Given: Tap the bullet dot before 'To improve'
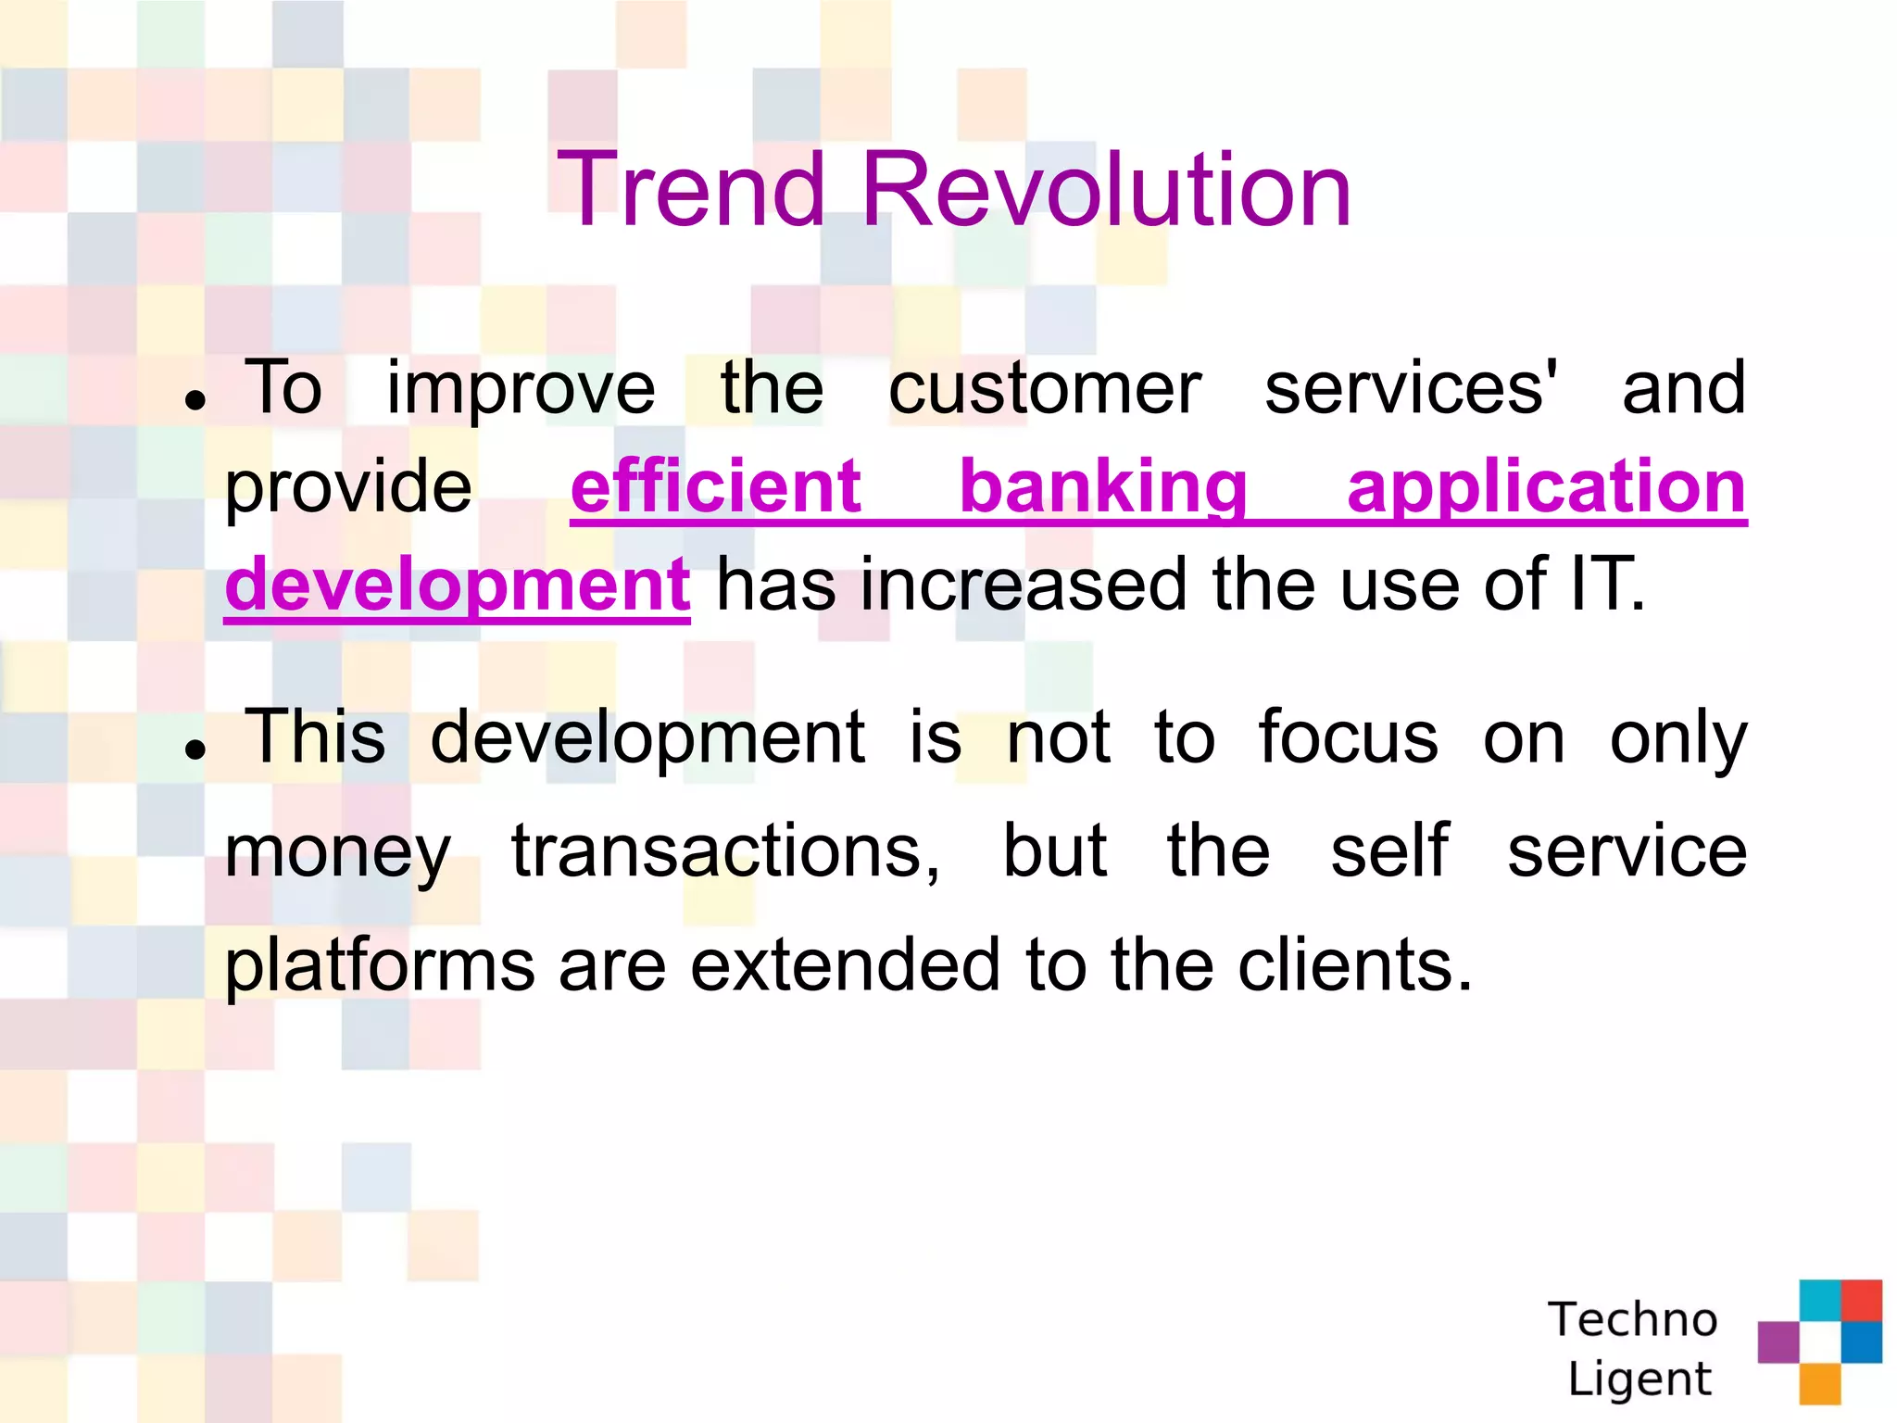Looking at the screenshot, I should [x=195, y=400].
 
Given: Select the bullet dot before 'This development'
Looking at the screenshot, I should [x=195, y=749].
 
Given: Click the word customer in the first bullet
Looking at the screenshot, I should [x=1044, y=387].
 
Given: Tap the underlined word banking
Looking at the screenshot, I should [x=1102, y=488].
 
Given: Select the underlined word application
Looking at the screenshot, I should [x=1546, y=488].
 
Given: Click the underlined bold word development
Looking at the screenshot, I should [x=457, y=586].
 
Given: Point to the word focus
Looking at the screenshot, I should [x=1348, y=737].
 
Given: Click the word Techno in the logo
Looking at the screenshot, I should [x=1632, y=1318].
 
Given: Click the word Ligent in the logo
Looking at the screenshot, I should [x=1639, y=1379].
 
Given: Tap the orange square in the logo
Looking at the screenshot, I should [x=1819, y=1383].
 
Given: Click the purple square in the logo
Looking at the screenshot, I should [x=1778, y=1341].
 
